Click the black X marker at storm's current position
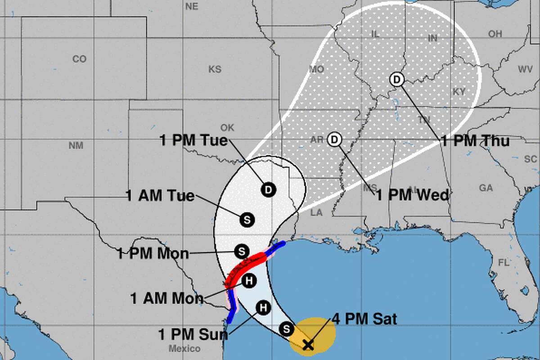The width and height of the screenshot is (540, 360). coord(308,345)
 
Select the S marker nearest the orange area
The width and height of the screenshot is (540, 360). coord(286,329)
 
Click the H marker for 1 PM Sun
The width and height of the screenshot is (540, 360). coord(263,308)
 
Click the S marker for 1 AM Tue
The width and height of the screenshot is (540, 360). coord(247,220)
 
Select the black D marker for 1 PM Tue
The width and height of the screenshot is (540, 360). coord(268,189)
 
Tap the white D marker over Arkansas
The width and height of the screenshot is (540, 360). coord(334,139)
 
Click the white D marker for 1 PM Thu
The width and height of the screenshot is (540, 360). coord(397,80)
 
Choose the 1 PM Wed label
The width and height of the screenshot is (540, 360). coord(412,195)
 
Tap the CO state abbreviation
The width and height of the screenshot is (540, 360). coord(79,59)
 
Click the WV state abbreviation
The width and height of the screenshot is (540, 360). coord(525,69)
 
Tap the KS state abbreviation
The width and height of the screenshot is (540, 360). coord(215,69)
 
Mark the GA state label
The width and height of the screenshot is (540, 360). coord(486,188)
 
